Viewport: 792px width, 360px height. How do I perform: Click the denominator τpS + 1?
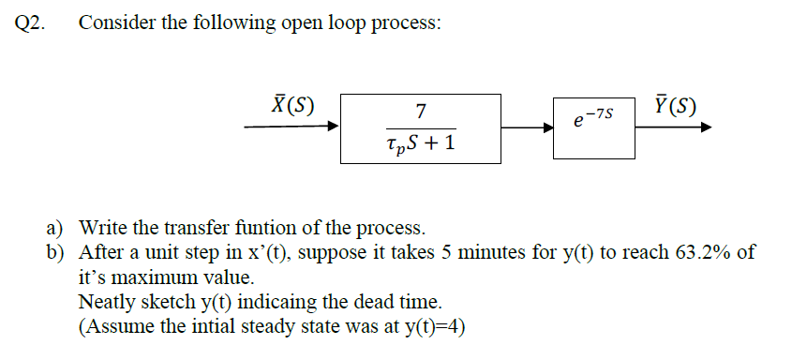point(421,144)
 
